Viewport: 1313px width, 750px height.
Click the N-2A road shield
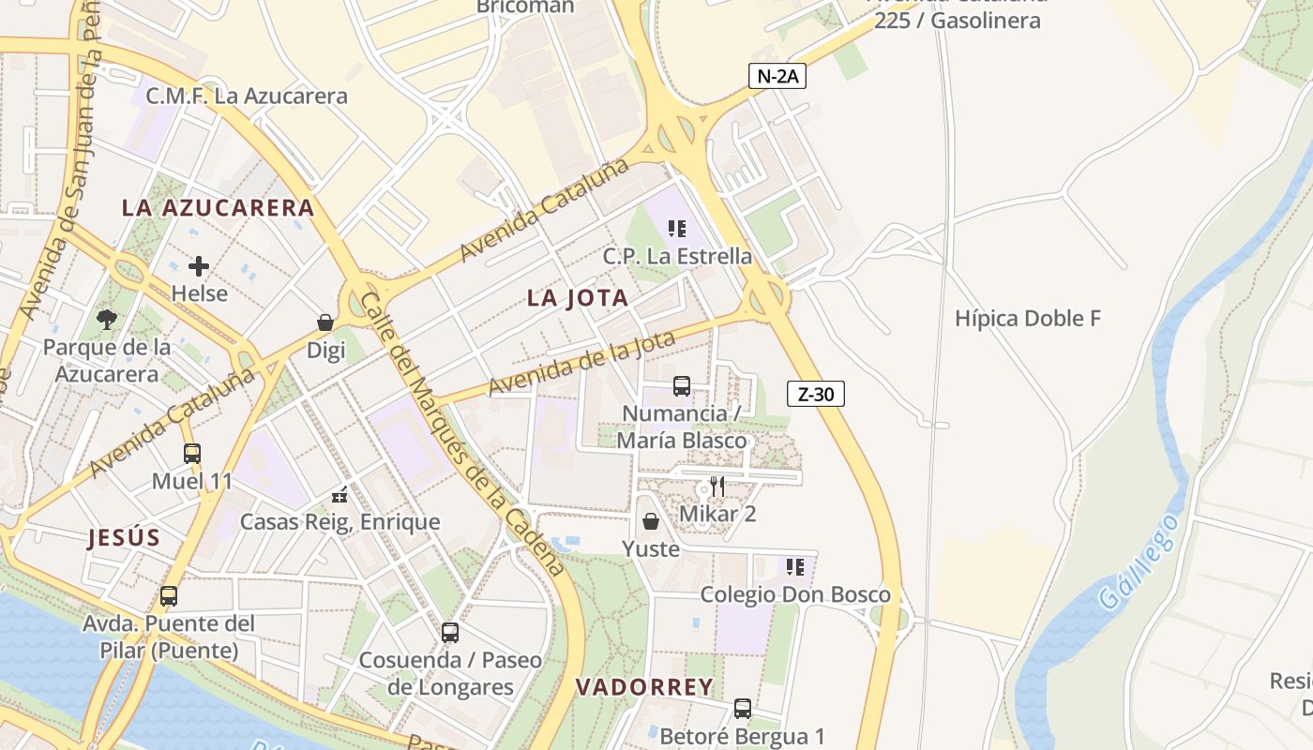pyautogui.click(x=777, y=77)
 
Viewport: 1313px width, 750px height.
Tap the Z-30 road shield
pyautogui.click(x=815, y=395)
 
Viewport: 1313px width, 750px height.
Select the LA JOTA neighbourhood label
pyautogui.click(x=578, y=298)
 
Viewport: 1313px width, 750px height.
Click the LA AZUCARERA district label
pyautogui.click(x=218, y=208)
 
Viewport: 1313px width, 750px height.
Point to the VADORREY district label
pyautogui.click(x=644, y=687)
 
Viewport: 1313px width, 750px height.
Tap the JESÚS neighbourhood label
pyautogui.click(x=124, y=538)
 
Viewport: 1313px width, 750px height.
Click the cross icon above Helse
pyautogui.click(x=199, y=266)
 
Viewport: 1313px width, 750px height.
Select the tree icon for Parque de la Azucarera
pyautogui.click(x=107, y=320)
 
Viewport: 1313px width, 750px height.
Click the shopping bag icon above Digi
pyautogui.click(x=325, y=322)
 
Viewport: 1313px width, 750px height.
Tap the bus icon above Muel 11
pyautogui.click(x=192, y=454)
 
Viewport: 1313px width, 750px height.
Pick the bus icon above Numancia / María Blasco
pyautogui.click(x=682, y=385)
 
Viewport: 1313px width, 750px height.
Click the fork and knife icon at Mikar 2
pyautogui.click(x=717, y=486)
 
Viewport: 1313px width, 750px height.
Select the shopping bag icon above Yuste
pyautogui.click(x=651, y=520)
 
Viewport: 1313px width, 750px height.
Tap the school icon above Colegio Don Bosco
pyautogui.click(x=795, y=566)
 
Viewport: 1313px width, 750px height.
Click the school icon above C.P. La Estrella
pyautogui.click(x=677, y=228)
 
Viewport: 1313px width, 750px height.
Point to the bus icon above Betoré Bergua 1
pyautogui.click(x=743, y=708)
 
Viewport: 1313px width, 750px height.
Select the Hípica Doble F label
pyautogui.click(x=1027, y=319)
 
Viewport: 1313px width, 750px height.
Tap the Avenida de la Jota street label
pyautogui.click(x=581, y=364)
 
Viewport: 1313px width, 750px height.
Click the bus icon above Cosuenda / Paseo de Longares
pyautogui.click(x=450, y=632)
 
